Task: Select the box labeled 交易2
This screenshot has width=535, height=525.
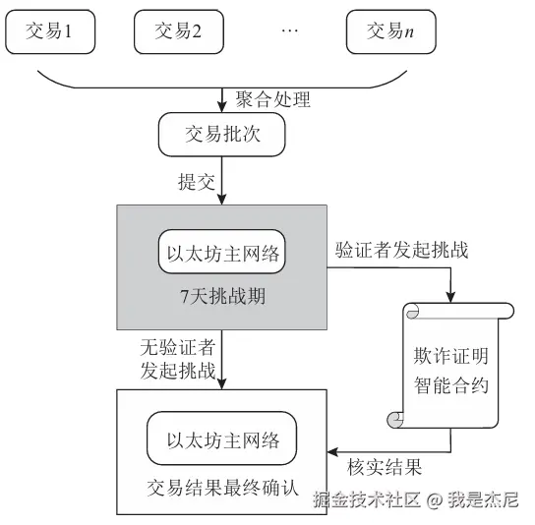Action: [x=178, y=30]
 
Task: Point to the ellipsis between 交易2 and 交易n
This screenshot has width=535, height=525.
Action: [x=289, y=31]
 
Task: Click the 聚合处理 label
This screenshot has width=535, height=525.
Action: [x=272, y=99]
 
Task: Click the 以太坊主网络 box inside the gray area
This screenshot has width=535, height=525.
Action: [x=222, y=253]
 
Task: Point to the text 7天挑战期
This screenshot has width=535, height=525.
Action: [x=223, y=298]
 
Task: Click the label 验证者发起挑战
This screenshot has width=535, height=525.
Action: [x=401, y=250]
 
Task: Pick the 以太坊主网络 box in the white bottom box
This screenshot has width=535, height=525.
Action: [x=222, y=438]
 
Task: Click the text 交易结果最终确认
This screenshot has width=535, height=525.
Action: [x=222, y=488]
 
